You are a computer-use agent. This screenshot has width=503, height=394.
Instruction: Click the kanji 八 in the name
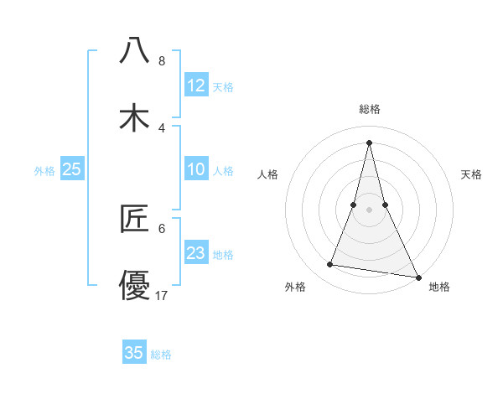(134, 50)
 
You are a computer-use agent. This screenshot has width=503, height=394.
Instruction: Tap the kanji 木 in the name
(134, 118)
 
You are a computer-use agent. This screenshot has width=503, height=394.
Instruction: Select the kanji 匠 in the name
(134, 220)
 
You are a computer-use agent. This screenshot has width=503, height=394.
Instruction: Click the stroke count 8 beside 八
(161, 61)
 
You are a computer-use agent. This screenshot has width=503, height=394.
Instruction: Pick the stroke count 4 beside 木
(161, 127)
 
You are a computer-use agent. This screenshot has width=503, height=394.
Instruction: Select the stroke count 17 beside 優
(163, 295)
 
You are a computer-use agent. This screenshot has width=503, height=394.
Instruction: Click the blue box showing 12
(196, 86)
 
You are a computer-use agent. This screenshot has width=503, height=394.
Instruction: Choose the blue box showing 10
(196, 169)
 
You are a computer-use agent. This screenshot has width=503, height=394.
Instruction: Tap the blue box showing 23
(196, 253)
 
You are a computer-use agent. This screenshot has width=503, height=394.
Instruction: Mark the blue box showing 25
(72, 169)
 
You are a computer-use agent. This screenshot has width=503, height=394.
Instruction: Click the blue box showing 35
(134, 353)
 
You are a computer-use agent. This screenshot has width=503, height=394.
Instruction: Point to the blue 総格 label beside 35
(161, 355)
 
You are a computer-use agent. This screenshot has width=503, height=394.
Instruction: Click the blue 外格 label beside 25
(44, 171)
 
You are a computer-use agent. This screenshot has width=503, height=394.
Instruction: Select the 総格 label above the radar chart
(369, 109)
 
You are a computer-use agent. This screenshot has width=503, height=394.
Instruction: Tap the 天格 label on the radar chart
(471, 174)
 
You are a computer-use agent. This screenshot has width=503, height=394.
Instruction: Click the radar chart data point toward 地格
(417, 277)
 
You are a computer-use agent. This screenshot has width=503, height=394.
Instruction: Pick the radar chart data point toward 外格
(330, 265)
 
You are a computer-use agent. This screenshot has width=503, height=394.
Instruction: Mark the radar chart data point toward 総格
(369, 142)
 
